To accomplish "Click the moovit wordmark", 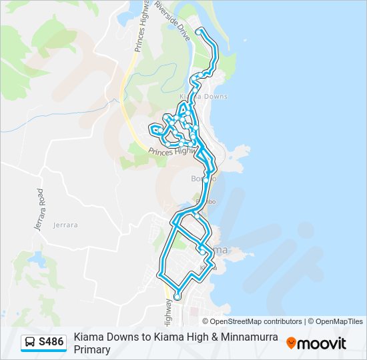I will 322,343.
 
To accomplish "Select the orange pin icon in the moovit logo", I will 291,343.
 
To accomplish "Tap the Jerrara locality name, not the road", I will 65,225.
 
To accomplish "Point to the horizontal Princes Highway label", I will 171,152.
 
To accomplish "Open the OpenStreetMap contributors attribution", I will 256,321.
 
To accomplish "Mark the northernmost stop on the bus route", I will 199,31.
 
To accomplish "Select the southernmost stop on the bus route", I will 177,297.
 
